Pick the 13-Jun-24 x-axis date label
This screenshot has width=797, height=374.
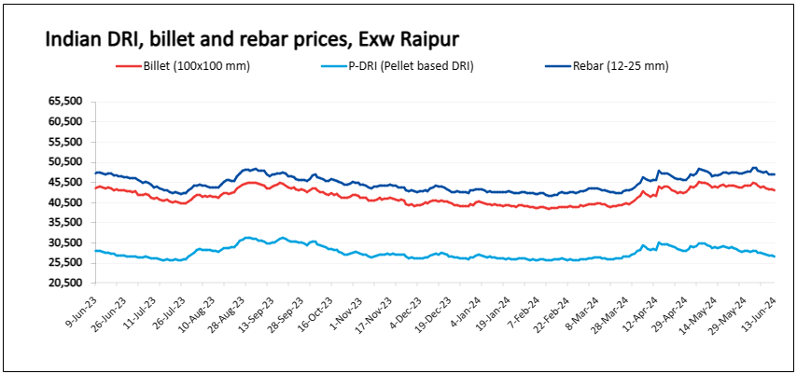pos(761,310)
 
